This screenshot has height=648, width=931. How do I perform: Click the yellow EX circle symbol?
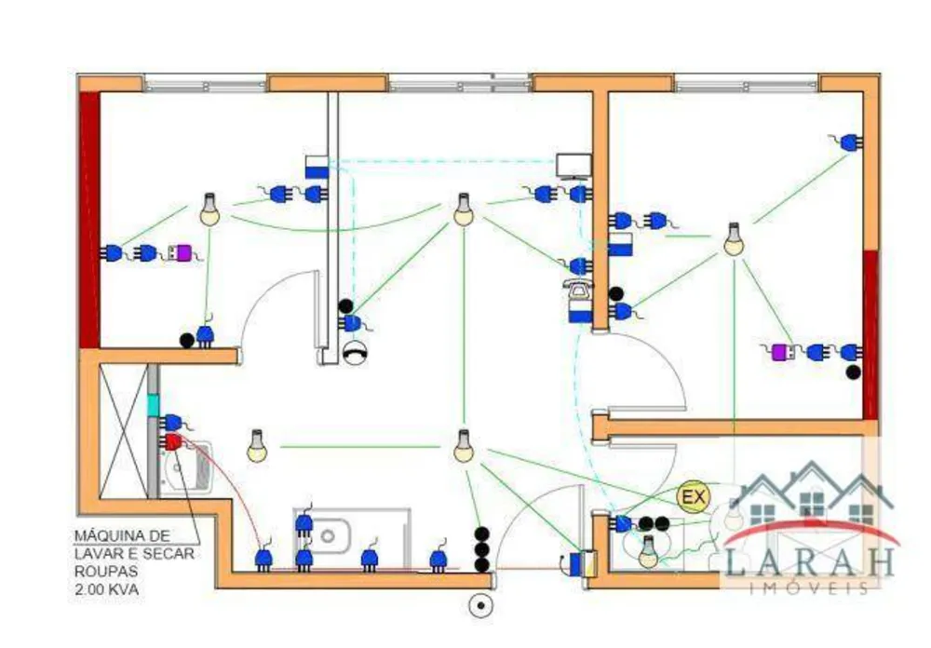tap(694, 496)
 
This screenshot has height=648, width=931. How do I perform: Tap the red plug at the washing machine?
tap(172, 442)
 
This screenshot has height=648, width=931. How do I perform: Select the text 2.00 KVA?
tap(106, 589)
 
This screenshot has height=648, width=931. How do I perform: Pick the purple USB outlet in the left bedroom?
tap(182, 253)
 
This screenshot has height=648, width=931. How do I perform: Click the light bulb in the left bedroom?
tap(209, 209)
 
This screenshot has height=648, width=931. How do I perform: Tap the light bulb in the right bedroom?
tap(734, 239)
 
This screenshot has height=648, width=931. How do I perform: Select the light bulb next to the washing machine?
tap(257, 446)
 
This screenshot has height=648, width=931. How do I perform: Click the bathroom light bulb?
tap(648, 551)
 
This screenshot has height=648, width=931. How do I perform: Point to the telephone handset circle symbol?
tap(355, 353)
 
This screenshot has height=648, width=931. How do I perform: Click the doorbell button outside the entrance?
tap(480, 606)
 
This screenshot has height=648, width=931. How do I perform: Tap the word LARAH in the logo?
tap(809, 561)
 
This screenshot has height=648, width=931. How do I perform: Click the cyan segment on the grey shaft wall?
tap(153, 405)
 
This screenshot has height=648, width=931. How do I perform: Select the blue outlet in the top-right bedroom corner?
tap(850, 142)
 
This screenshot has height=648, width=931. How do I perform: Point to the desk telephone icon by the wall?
tap(578, 290)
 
